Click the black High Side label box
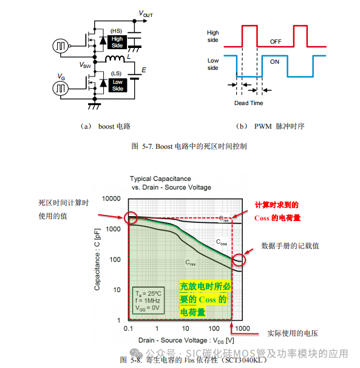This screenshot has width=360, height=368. pyautogui.click(x=117, y=43)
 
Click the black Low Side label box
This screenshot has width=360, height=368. pyautogui.click(x=117, y=86)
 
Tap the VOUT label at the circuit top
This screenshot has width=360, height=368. pyautogui.click(x=146, y=13)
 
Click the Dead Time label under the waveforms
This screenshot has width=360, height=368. pyautogui.click(x=249, y=103)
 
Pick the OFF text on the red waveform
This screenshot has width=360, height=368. pyautogui.click(x=276, y=41)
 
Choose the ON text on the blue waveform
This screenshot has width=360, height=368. pyautogui.click(x=275, y=61)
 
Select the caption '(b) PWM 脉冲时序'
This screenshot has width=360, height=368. pyautogui.click(x=270, y=126)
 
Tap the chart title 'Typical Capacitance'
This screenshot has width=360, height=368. pyautogui.click(x=160, y=179)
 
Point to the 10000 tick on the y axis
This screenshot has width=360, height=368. pyautogui.click(x=112, y=199)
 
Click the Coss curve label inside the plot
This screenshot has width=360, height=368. pyautogui.click(x=223, y=242)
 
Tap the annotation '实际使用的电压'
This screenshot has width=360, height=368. pyautogui.click(x=292, y=333)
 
